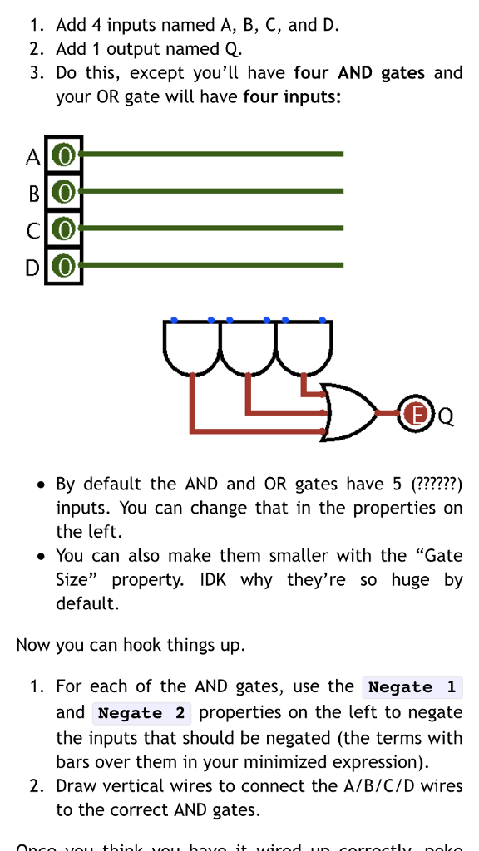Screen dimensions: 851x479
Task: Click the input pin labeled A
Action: tap(64, 155)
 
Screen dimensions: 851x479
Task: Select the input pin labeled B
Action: tap(64, 192)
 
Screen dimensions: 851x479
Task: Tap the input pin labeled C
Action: tap(64, 229)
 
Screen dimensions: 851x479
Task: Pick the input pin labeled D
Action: tap(64, 267)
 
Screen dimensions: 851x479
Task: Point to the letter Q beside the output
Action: tap(445, 413)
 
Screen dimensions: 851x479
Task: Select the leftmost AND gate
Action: tap(193, 345)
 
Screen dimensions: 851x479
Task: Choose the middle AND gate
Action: tap(248, 345)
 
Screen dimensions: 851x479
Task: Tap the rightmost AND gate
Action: tap(304, 345)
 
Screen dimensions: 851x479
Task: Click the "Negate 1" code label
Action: tap(412, 687)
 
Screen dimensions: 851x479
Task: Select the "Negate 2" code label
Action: tap(141, 713)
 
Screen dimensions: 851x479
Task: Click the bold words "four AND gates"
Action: tap(359, 72)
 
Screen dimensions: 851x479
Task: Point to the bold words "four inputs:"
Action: tap(292, 97)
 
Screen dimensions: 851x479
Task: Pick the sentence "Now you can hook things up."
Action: tap(131, 645)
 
